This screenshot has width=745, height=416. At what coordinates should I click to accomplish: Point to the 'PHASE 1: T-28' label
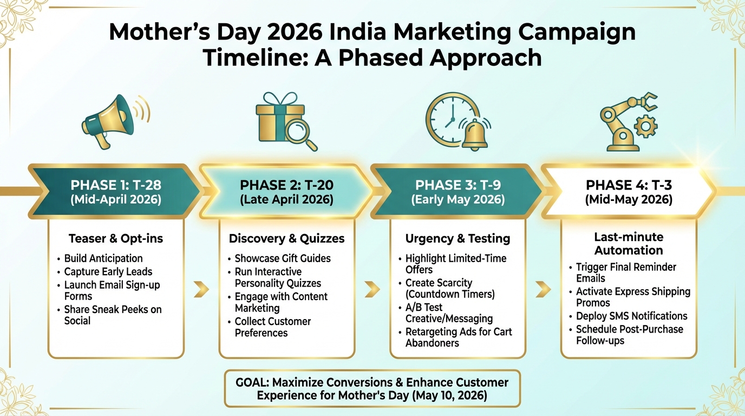pyautogui.click(x=116, y=186)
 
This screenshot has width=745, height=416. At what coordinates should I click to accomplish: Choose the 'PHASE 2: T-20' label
pyautogui.click(x=286, y=186)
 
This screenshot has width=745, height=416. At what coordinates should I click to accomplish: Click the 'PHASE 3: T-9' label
pyautogui.click(x=458, y=186)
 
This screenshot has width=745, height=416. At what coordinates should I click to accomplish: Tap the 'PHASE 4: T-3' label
pyautogui.click(x=629, y=186)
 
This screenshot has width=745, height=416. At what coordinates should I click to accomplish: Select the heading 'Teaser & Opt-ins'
pyautogui.click(x=116, y=238)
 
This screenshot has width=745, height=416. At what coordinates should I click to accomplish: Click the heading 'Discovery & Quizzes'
pyautogui.click(x=286, y=238)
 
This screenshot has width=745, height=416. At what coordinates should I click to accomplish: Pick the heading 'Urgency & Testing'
pyautogui.click(x=458, y=238)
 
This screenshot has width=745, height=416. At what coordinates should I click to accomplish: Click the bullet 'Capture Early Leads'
pyautogui.click(x=108, y=272)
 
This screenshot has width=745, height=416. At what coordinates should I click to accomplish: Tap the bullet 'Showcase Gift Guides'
pyautogui.click(x=282, y=258)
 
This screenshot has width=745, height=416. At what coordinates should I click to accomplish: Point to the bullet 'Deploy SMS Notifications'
pyautogui.click(x=631, y=316)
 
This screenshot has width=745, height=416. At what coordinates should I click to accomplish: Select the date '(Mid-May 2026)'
pyautogui.click(x=629, y=200)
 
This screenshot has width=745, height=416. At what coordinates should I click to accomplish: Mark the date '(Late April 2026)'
pyautogui.click(x=286, y=200)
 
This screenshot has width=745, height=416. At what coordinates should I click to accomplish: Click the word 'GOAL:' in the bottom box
pyautogui.click(x=253, y=382)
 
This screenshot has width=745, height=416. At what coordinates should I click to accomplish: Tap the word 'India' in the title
pyautogui.click(x=354, y=32)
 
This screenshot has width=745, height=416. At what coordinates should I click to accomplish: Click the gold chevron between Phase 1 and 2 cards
pyautogui.click(x=201, y=289)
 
